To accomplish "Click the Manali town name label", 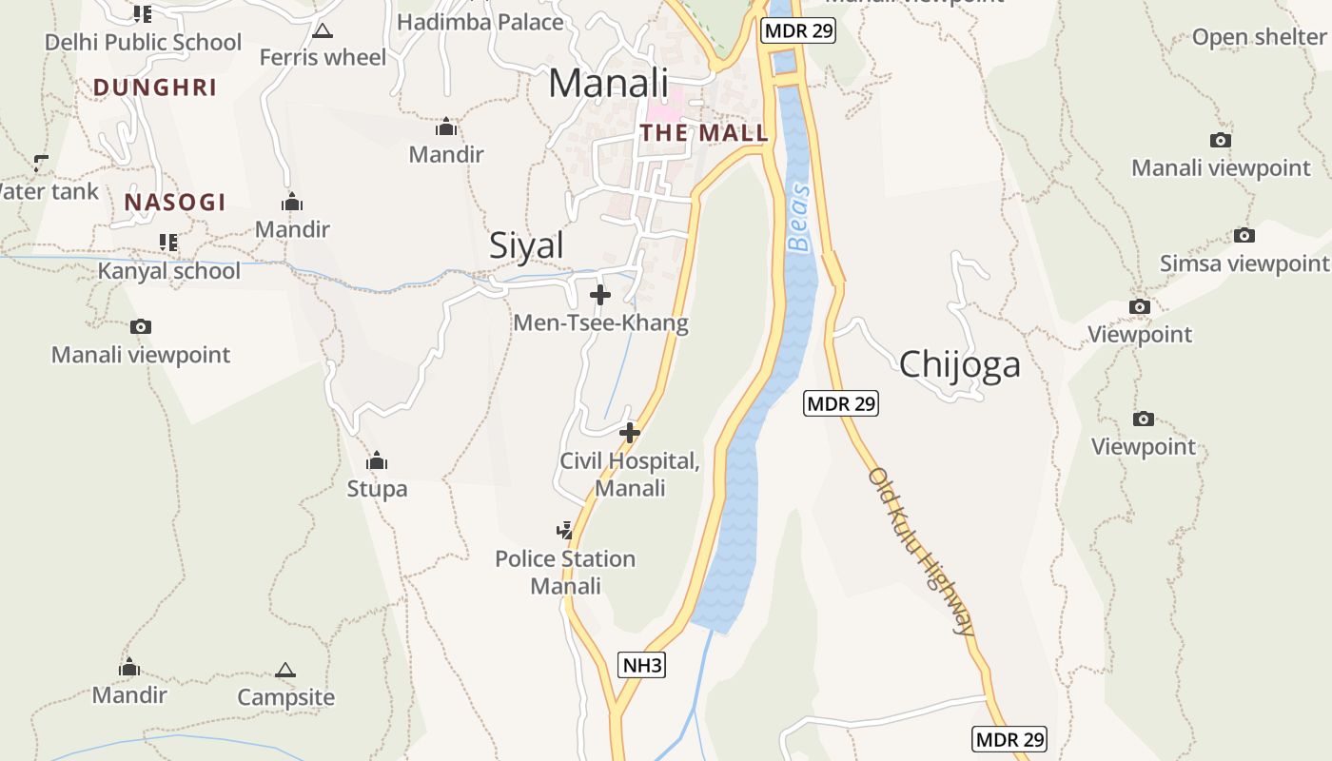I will [x=609, y=83].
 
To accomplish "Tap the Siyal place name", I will [x=526, y=245].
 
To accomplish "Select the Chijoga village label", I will [x=959, y=363].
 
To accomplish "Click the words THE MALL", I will [x=704, y=133].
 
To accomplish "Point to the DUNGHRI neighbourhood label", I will [x=155, y=88].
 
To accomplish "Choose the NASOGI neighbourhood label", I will [x=175, y=202].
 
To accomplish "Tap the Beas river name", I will [x=799, y=218].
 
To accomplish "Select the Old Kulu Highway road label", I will [x=921, y=551].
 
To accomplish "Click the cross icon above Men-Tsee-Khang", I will [x=600, y=295].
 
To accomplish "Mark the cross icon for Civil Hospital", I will [x=630, y=434].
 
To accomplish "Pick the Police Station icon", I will [x=565, y=530].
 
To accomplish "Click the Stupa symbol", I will [x=377, y=461].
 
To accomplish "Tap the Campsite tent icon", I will [x=285, y=670].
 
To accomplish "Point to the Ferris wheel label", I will [x=323, y=57].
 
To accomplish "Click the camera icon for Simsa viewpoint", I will [x=1244, y=236].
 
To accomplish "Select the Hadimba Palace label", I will [x=480, y=21].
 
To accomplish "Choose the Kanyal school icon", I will [x=168, y=243].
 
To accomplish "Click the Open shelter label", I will [x=1259, y=37].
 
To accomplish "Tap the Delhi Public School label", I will [x=144, y=42].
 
